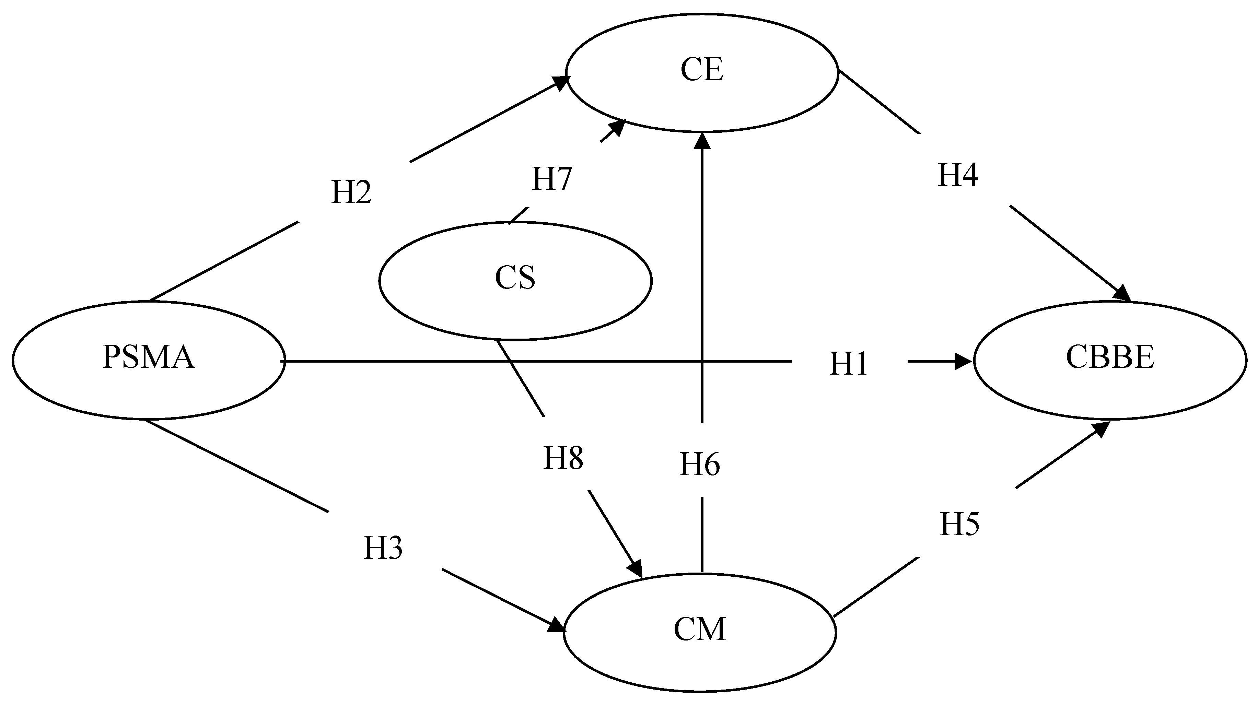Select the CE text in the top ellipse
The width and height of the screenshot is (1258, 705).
tap(701, 70)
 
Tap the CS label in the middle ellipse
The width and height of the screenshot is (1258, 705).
tap(515, 278)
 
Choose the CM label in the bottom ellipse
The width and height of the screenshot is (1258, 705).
tap(699, 629)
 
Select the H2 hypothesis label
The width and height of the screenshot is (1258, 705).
tap(351, 192)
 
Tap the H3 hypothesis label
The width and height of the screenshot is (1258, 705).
tap(383, 548)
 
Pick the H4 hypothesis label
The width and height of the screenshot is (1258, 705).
tap(958, 176)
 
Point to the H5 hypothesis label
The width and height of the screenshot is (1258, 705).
tap(959, 525)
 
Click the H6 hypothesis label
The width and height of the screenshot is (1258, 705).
tap(699, 464)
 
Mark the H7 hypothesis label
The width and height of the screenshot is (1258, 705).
tap(551, 179)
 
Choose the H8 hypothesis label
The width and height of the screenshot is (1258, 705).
tap(563, 458)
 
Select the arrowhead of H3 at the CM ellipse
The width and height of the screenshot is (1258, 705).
tap(557, 625)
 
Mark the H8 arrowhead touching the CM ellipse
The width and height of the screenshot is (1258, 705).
tap(636, 569)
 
